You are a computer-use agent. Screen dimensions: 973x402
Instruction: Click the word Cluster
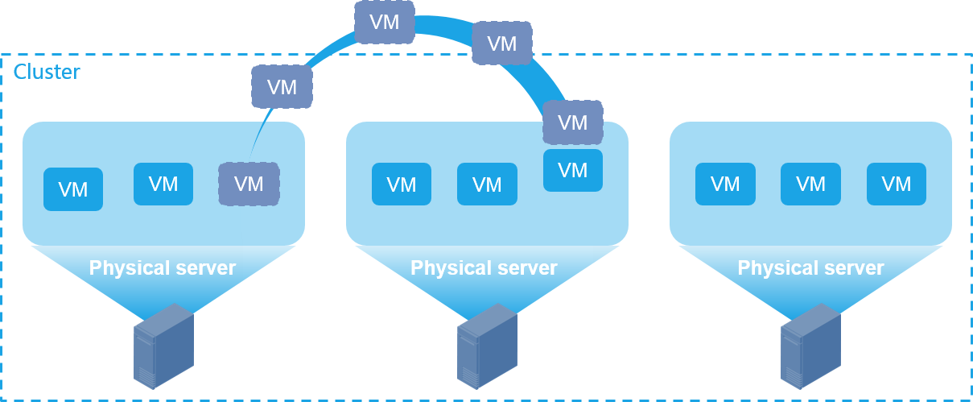(x=47, y=72)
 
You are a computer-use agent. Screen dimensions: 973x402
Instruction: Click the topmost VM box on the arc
(x=385, y=23)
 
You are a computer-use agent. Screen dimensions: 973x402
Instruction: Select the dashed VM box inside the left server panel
(x=249, y=184)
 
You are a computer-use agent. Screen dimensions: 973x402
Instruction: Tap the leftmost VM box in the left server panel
(x=73, y=189)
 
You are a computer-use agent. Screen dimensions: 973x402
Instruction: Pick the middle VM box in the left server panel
(x=163, y=184)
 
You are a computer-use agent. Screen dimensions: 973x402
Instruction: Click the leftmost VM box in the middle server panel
(x=402, y=184)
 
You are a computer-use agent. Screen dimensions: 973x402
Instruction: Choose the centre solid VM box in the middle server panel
(x=487, y=184)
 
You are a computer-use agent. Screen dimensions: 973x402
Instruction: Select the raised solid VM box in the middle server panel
(x=573, y=170)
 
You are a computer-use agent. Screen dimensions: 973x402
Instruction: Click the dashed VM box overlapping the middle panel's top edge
(x=573, y=122)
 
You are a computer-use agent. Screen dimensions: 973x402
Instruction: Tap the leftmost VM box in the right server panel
(x=725, y=184)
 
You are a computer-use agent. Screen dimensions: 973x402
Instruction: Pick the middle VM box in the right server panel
(x=810, y=184)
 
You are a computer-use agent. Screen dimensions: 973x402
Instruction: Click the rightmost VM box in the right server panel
(x=897, y=184)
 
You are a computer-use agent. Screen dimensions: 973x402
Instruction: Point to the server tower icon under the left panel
(x=163, y=346)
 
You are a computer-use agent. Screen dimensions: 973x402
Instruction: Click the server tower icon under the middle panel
(x=488, y=346)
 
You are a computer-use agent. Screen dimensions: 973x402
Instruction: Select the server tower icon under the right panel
(x=811, y=346)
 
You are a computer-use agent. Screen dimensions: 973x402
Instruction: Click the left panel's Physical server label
(x=163, y=268)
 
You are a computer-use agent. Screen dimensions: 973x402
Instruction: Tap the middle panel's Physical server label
(x=484, y=268)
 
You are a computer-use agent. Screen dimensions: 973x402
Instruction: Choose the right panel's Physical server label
(x=811, y=268)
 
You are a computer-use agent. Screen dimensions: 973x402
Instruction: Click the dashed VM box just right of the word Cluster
(x=282, y=87)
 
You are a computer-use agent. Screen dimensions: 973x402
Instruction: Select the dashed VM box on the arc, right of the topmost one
(x=502, y=44)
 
